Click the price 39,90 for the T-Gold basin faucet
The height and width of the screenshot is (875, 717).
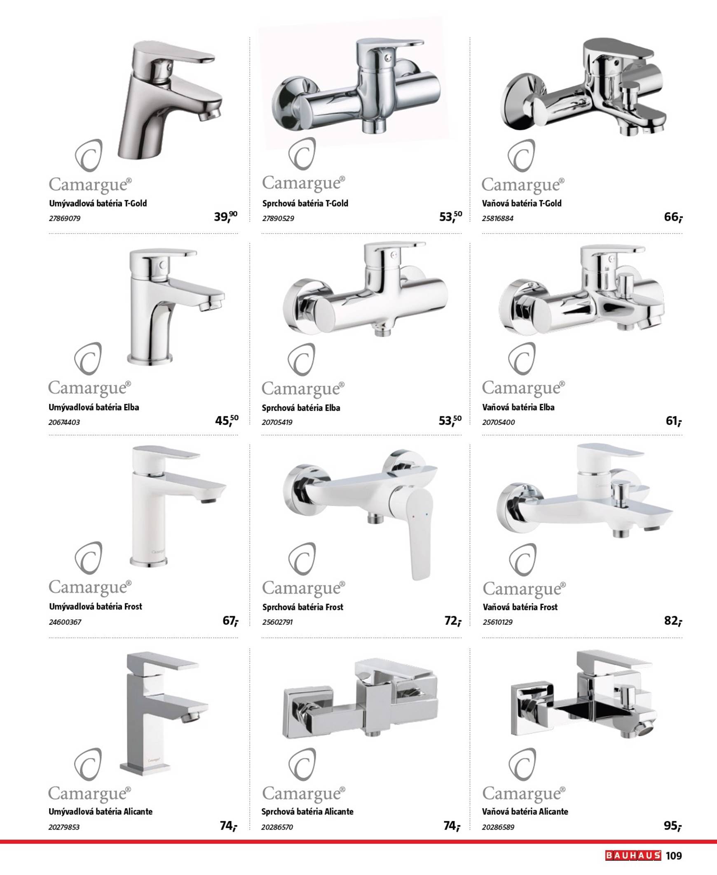[225, 216]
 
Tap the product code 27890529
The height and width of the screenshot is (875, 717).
[278, 218]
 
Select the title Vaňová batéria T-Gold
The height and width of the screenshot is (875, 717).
[522, 203]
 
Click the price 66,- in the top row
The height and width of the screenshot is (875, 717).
[673, 217]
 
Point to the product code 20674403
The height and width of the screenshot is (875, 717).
[64, 422]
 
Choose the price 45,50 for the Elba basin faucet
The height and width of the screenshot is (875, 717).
[227, 420]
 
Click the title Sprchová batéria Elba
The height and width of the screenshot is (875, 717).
[301, 408]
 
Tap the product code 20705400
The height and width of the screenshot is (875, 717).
[499, 422]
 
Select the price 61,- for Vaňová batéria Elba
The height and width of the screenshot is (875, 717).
[674, 421]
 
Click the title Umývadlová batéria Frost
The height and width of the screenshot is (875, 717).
[96, 606]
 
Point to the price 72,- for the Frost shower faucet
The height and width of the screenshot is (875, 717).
[453, 621]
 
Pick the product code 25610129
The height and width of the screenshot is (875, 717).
[498, 622]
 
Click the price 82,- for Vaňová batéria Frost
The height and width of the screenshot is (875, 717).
[673, 621]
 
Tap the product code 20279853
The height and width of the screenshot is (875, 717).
[64, 827]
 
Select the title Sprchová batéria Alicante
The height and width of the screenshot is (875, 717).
[307, 812]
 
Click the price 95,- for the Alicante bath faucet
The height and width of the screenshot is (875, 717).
[673, 826]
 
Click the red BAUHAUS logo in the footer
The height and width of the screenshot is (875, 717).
[633, 855]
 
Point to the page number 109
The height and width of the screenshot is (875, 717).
[674, 856]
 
